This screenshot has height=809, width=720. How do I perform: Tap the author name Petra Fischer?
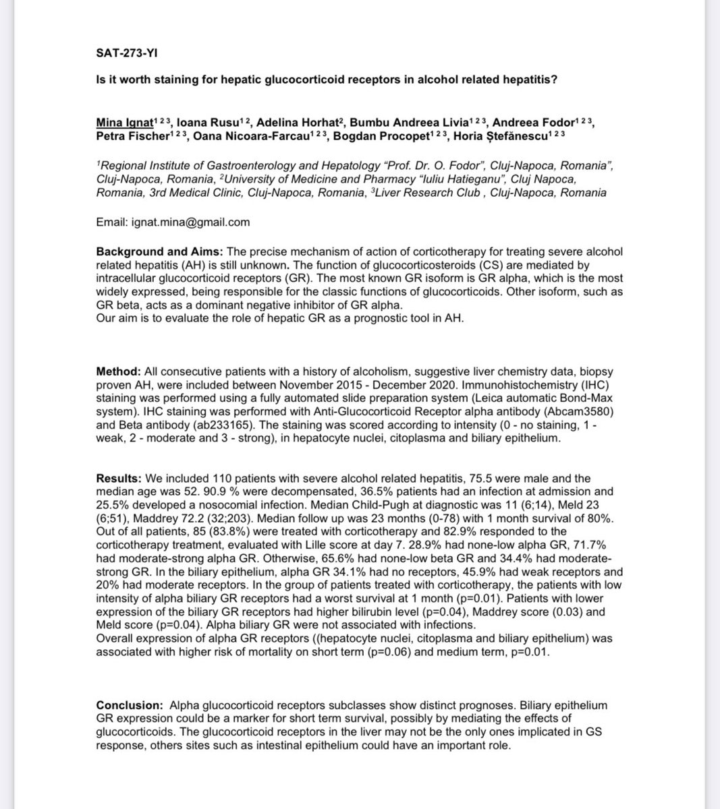pyautogui.click(x=126, y=135)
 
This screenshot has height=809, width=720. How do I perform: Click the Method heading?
pyautogui.click(x=117, y=371)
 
